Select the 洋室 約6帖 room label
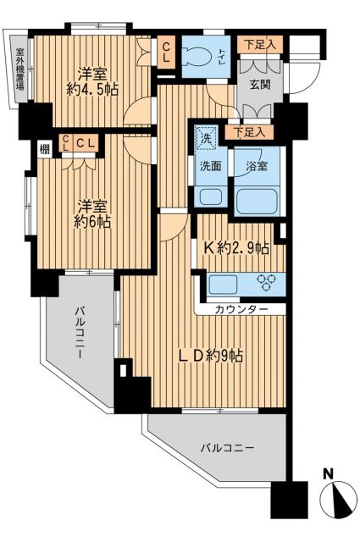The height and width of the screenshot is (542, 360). [92, 214]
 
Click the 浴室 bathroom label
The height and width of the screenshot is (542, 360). [258, 166]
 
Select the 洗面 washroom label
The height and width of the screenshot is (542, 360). [211, 166]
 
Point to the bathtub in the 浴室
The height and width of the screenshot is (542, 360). [257, 201]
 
